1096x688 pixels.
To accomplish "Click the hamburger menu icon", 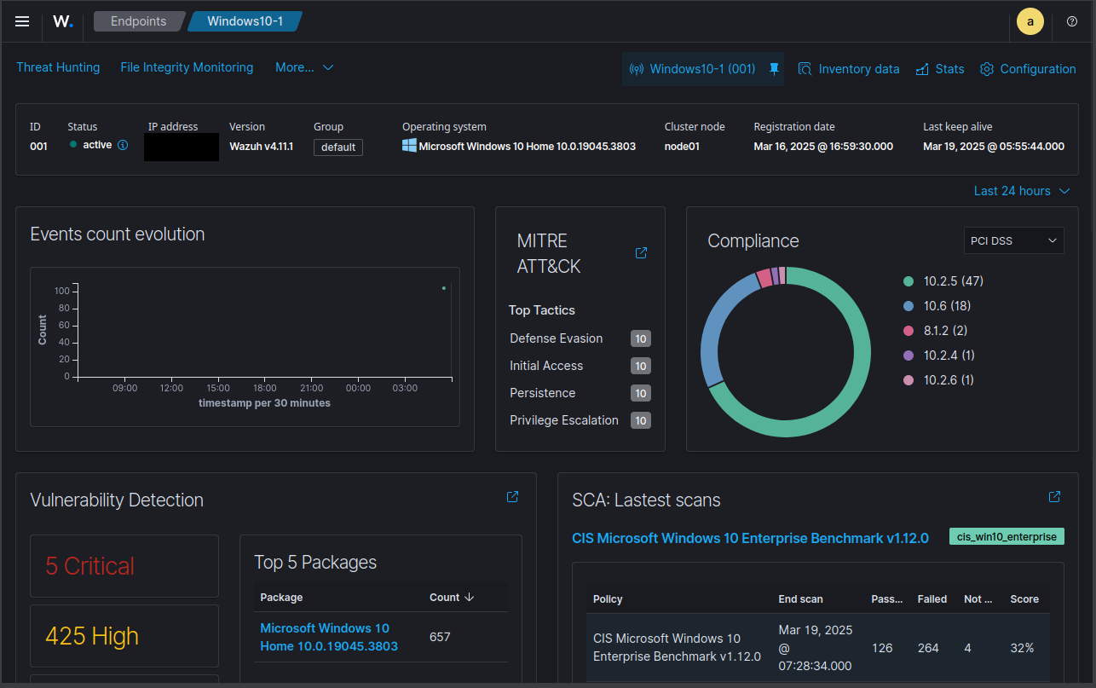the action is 22,21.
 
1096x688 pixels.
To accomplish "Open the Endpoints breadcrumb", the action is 138,21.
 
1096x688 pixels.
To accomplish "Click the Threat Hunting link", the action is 58,67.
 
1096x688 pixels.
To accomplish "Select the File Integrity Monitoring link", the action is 187,67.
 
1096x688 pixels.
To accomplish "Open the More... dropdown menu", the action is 304,67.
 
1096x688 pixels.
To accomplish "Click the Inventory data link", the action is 849,69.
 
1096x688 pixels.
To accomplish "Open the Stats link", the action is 940,69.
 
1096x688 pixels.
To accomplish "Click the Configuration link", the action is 1028,69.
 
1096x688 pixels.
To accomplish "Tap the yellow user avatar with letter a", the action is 1030,21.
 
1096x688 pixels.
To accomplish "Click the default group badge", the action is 338,147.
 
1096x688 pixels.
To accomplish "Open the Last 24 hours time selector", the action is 1022,191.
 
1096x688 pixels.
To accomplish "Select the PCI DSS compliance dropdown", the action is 1014,240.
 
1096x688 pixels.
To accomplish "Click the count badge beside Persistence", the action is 641,393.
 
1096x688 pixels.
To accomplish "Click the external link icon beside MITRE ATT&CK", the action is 641,253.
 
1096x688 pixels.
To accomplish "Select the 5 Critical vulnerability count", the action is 90,566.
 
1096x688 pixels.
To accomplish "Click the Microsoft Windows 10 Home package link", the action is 329,637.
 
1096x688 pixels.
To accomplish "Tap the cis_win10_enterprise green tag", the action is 1007,537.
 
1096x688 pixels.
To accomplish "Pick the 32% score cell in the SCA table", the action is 1022,648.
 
